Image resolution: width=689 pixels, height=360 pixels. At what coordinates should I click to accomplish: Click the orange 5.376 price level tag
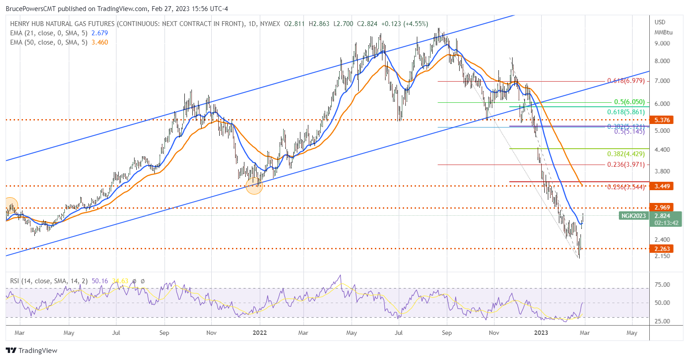point(662,120)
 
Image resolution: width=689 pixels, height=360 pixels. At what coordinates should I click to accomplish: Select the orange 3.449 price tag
point(662,186)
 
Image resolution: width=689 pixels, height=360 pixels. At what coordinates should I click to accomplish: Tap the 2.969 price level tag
point(662,207)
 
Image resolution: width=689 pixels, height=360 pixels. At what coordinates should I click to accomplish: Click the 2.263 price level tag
point(662,249)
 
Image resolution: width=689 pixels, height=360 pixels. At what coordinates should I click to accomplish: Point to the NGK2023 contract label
point(633,216)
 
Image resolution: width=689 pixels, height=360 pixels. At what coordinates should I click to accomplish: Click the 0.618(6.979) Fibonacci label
point(625,81)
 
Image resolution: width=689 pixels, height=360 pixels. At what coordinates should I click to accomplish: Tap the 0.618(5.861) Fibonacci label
point(625,112)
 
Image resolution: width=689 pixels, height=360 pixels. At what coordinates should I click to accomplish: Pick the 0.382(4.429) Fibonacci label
point(625,154)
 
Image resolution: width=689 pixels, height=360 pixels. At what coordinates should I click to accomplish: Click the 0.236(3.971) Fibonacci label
point(625,165)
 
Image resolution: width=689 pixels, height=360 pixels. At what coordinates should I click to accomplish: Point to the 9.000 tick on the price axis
point(662,43)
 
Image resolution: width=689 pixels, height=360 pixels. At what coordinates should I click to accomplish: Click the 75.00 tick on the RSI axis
point(662,285)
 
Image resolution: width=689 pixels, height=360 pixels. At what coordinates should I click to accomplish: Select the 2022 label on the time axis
point(259,333)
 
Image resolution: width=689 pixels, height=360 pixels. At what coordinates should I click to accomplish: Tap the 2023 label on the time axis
point(541,333)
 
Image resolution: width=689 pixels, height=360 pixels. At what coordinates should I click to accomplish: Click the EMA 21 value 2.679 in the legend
point(99,33)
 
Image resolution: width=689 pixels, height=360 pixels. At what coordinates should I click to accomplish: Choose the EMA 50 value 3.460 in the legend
point(99,42)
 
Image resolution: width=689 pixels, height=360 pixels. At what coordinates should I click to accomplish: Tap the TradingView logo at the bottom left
point(32,351)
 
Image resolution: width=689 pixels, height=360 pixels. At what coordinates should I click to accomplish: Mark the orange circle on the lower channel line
point(254,186)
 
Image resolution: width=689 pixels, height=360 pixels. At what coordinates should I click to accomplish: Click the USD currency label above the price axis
point(660,22)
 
